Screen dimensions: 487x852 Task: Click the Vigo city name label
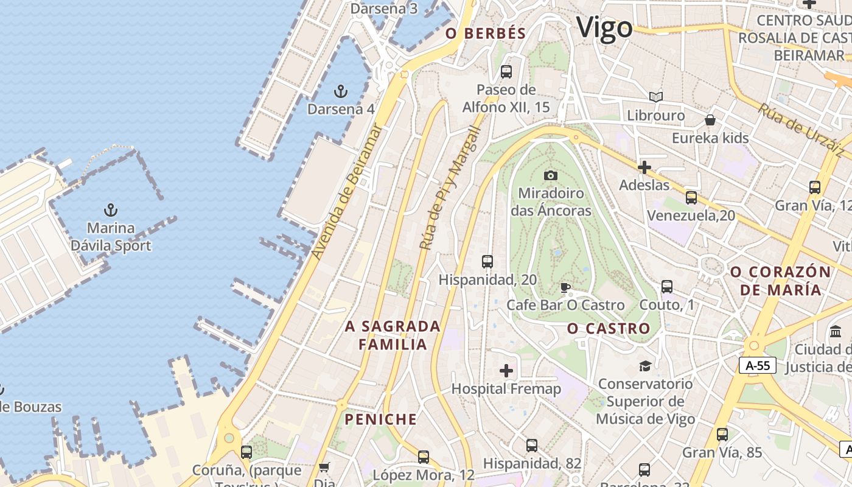click(x=604, y=28)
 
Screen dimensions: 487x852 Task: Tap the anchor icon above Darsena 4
click(x=341, y=92)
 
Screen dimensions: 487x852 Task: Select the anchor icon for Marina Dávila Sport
click(x=110, y=211)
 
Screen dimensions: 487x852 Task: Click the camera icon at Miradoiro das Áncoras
click(x=551, y=176)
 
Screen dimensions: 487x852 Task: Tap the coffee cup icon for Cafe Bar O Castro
click(x=565, y=287)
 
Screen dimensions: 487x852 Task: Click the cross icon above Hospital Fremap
click(x=506, y=371)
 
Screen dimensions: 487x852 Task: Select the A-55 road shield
click(x=758, y=365)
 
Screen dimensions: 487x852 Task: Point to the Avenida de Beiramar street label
click(x=346, y=192)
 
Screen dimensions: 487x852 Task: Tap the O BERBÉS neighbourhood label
click(x=486, y=33)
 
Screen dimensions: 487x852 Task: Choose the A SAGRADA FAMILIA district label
click(x=393, y=335)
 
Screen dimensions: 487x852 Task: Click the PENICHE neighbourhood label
click(x=381, y=419)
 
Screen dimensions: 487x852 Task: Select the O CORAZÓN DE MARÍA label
click(x=780, y=281)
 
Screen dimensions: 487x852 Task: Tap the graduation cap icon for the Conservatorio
click(x=644, y=366)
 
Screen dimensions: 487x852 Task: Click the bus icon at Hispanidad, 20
click(x=487, y=262)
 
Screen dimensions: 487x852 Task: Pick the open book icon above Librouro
click(x=655, y=97)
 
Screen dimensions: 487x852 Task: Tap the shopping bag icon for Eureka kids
click(x=710, y=120)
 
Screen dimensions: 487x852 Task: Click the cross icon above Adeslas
click(x=644, y=167)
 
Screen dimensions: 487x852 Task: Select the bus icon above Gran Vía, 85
click(x=722, y=435)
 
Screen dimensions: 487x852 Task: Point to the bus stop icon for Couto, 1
click(x=666, y=287)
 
